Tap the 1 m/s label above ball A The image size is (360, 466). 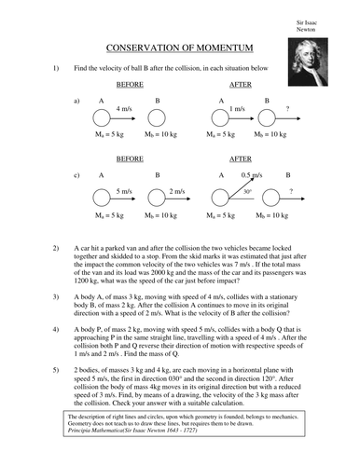click(x=237, y=109)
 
